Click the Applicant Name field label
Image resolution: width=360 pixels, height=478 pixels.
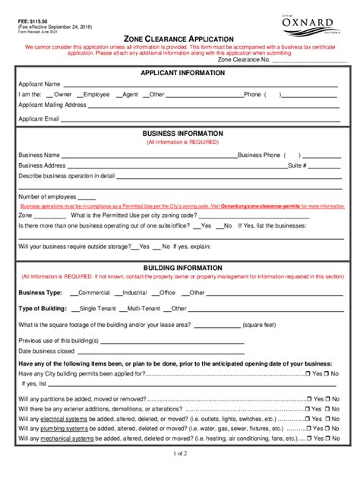39,84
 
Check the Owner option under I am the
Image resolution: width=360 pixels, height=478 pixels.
60,95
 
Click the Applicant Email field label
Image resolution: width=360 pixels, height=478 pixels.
39,119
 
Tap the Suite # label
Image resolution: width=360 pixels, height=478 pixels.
296,165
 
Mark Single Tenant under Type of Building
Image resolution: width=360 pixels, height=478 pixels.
96,309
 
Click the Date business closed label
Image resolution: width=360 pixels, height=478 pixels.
46,351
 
